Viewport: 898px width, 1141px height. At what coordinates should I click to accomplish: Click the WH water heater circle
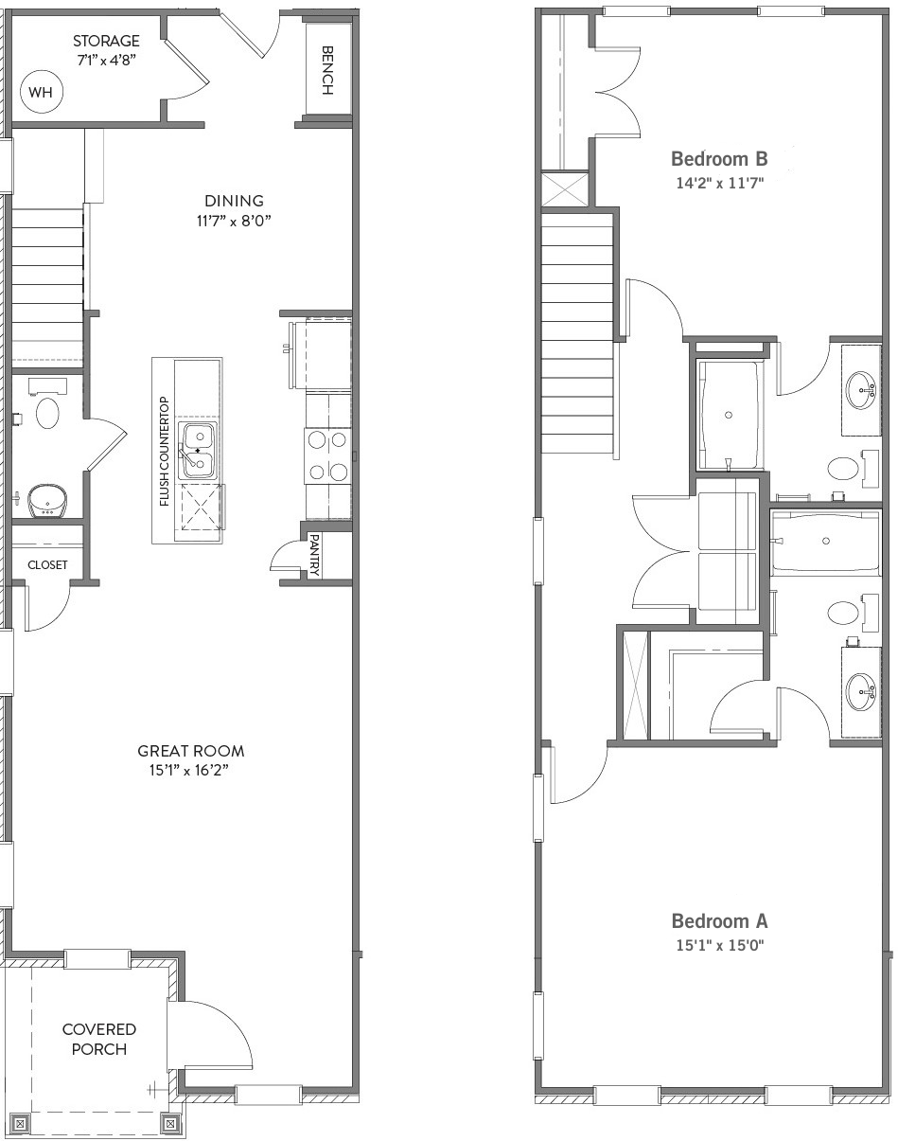click(x=42, y=92)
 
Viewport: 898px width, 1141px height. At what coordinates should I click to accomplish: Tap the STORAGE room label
click(x=106, y=41)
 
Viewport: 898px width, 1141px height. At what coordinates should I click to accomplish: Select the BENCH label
click(x=327, y=70)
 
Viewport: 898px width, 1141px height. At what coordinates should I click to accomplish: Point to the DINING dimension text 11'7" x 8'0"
click(x=234, y=221)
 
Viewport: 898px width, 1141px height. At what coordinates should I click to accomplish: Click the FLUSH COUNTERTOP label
click(x=165, y=452)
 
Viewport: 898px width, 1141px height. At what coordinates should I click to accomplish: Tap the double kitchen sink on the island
click(x=198, y=452)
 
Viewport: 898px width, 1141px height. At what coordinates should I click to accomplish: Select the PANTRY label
click(x=314, y=555)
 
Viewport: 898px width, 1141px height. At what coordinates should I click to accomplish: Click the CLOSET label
click(x=47, y=564)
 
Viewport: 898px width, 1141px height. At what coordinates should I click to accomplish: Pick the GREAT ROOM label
click(x=191, y=751)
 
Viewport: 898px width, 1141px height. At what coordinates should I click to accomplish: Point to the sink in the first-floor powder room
click(x=47, y=501)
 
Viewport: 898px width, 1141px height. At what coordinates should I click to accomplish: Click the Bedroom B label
click(x=719, y=158)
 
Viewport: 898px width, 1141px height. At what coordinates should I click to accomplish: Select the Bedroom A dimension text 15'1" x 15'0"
click(x=720, y=945)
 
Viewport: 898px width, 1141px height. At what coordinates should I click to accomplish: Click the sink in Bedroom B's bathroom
click(x=861, y=390)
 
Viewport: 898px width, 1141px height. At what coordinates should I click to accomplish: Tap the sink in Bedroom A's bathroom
click(x=861, y=691)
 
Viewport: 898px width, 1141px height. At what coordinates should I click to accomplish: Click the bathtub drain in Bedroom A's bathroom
click(x=826, y=541)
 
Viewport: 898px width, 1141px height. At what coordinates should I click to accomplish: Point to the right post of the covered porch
click(x=170, y=1124)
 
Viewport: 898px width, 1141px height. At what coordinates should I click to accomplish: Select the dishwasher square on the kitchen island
click(x=202, y=507)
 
